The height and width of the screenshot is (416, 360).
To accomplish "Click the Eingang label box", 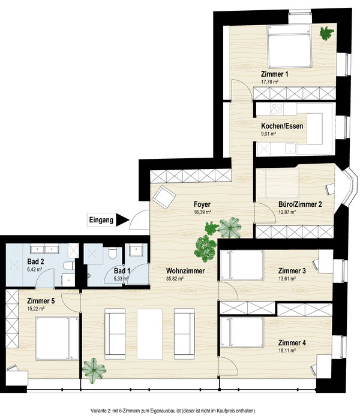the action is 101,220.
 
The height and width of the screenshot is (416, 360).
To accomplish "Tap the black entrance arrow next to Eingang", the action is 122,220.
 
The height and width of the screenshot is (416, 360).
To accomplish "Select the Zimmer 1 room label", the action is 274,74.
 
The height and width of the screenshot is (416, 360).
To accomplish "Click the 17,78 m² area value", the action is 270,82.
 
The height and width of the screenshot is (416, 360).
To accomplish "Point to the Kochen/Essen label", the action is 282,126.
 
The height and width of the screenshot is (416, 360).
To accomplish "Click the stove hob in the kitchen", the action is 277,108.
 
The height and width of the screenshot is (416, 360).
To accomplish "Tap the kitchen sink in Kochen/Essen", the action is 291,149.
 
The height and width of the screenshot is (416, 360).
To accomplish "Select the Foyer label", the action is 202,204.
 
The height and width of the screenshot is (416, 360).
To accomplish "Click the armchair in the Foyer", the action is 164,197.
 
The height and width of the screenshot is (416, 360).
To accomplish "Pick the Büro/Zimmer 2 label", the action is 300,204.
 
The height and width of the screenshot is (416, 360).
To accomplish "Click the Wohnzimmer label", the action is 185,271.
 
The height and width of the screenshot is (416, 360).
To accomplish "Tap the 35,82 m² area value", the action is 175,279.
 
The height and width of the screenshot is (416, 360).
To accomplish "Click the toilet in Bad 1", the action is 113,253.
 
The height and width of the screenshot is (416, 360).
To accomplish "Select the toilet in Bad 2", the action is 69,266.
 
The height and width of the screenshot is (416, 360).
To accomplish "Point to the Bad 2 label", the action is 35,261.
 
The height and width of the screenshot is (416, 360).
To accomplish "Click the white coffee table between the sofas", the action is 150,334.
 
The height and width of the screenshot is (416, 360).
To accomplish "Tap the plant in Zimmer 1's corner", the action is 326,33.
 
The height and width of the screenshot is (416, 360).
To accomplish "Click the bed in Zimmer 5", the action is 57,338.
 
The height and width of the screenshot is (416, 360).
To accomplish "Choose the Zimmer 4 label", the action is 292,343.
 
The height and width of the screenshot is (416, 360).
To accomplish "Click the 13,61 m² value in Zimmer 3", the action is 287,279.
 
